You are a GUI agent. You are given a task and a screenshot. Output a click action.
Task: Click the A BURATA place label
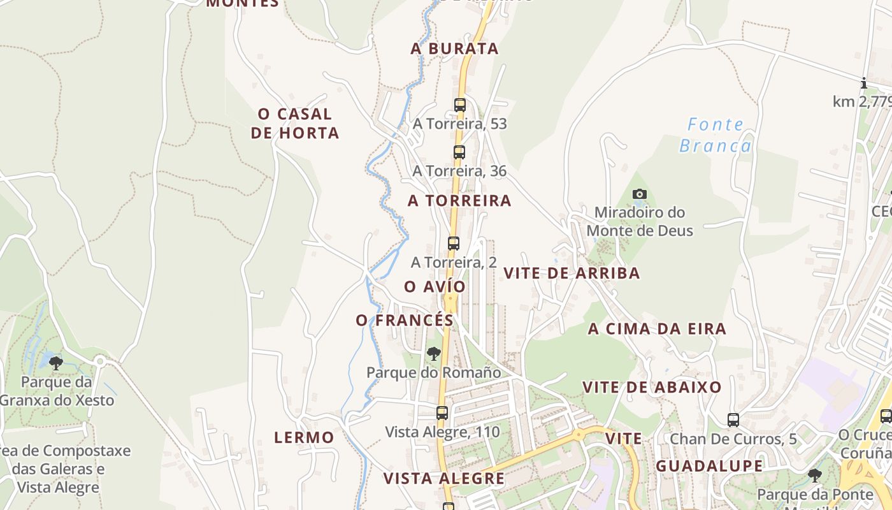[454, 48]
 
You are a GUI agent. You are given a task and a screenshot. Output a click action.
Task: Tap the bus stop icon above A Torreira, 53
[460, 105]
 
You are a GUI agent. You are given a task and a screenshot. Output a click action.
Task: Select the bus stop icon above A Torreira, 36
[459, 152]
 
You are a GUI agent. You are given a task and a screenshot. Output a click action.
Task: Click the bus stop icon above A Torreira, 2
[454, 243]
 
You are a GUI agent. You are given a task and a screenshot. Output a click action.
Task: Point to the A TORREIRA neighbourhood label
[459, 200]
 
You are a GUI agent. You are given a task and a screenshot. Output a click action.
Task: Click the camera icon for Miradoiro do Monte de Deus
[640, 194]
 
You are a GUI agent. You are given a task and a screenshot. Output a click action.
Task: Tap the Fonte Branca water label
[715, 135]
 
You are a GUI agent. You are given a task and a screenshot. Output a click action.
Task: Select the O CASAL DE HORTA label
[294, 123]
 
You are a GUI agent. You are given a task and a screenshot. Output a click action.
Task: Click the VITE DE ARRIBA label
[572, 273]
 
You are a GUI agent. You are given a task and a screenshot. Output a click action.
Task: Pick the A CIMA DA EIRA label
[657, 329]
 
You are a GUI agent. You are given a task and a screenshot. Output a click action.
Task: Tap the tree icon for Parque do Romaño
[434, 353]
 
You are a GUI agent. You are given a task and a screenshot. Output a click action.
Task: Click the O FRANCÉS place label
[405, 320]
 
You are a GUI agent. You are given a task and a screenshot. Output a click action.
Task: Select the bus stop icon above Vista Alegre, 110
[442, 413]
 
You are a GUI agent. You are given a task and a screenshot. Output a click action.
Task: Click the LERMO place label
[304, 437]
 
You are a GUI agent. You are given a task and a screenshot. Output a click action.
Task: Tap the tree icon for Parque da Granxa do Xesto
[56, 363]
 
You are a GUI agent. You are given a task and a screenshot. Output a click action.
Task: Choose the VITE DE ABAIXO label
[652, 387]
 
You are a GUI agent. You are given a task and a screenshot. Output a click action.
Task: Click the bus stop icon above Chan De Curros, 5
[733, 420]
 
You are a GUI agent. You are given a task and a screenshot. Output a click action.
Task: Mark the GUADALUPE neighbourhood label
[709, 465]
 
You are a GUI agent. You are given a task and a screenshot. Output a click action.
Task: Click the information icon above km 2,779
[864, 83]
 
